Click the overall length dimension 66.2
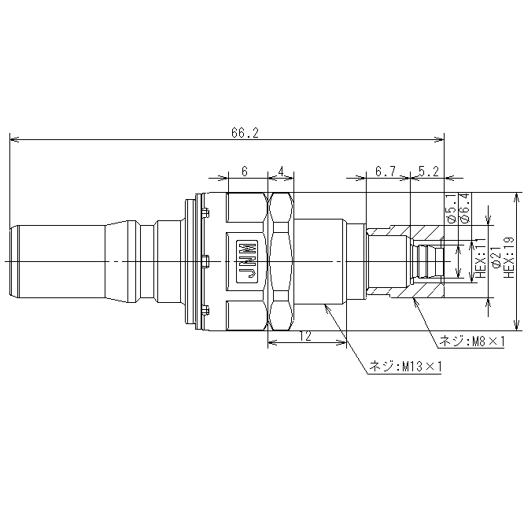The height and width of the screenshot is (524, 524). [245, 133]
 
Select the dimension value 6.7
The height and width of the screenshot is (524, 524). [386, 172]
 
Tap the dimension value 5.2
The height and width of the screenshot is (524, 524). [428, 172]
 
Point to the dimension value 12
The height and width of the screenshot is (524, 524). [305, 336]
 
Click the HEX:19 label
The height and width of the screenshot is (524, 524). [508, 257]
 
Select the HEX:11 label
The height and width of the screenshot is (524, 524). [481, 258]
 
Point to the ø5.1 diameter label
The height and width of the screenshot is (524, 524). [452, 208]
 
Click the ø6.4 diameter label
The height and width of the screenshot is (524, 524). [465, 208]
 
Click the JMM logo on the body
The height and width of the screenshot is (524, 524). [247, 261]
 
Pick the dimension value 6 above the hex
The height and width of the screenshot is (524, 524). [245, 172]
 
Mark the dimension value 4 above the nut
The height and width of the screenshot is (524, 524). [281, 172]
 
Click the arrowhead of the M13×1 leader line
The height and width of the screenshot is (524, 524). [326, 304]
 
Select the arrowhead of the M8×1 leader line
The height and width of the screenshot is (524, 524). [415, 299]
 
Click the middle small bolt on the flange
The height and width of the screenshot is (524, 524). [205, 262]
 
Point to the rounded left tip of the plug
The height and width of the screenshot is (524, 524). [10, 261]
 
